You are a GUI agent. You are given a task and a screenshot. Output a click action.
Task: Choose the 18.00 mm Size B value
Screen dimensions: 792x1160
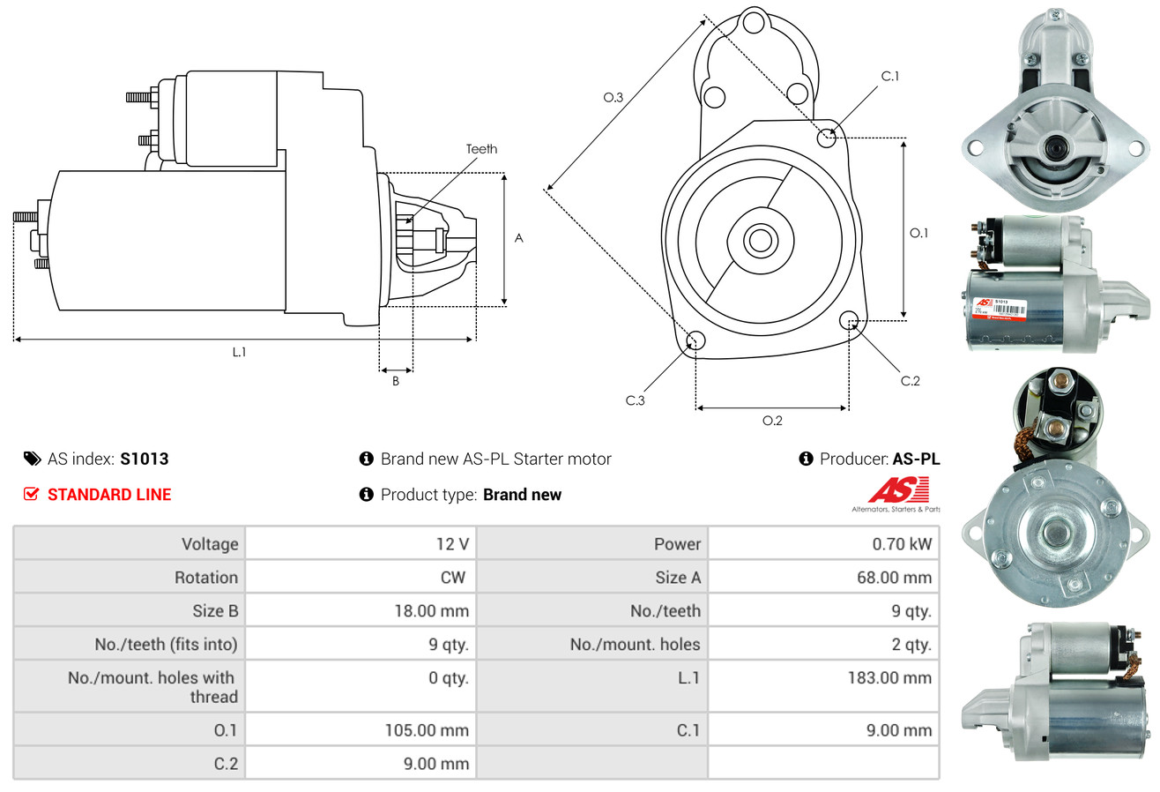click(x=431, y=610)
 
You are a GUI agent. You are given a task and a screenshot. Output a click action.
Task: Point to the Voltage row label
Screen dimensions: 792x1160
click(x=210, y=544)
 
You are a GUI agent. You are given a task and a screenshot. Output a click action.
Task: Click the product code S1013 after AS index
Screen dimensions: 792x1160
click(x=145, y=459)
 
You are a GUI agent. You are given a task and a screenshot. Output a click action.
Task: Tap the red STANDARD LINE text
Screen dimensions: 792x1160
click(x=109, y=495)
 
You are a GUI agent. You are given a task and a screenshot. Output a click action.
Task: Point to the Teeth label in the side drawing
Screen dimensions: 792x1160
click(x=481, y=149)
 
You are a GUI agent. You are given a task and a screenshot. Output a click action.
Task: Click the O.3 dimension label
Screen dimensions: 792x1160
click(x=613, y=98)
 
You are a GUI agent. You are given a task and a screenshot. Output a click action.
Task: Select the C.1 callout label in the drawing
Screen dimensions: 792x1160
click(x=889, y=76)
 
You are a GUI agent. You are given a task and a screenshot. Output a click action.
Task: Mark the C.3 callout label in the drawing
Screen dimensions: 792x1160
click(x=636, y=400)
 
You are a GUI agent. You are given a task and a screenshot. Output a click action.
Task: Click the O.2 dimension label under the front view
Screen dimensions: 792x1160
click(x=772, y=421)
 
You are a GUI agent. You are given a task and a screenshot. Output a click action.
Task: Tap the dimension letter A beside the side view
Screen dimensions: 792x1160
click(x=519, y=238)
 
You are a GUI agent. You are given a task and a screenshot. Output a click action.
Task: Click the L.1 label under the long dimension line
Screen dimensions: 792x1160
click(x=239, y=352)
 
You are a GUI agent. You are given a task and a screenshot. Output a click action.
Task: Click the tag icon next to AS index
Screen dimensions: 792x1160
click(x=32, y=459)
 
